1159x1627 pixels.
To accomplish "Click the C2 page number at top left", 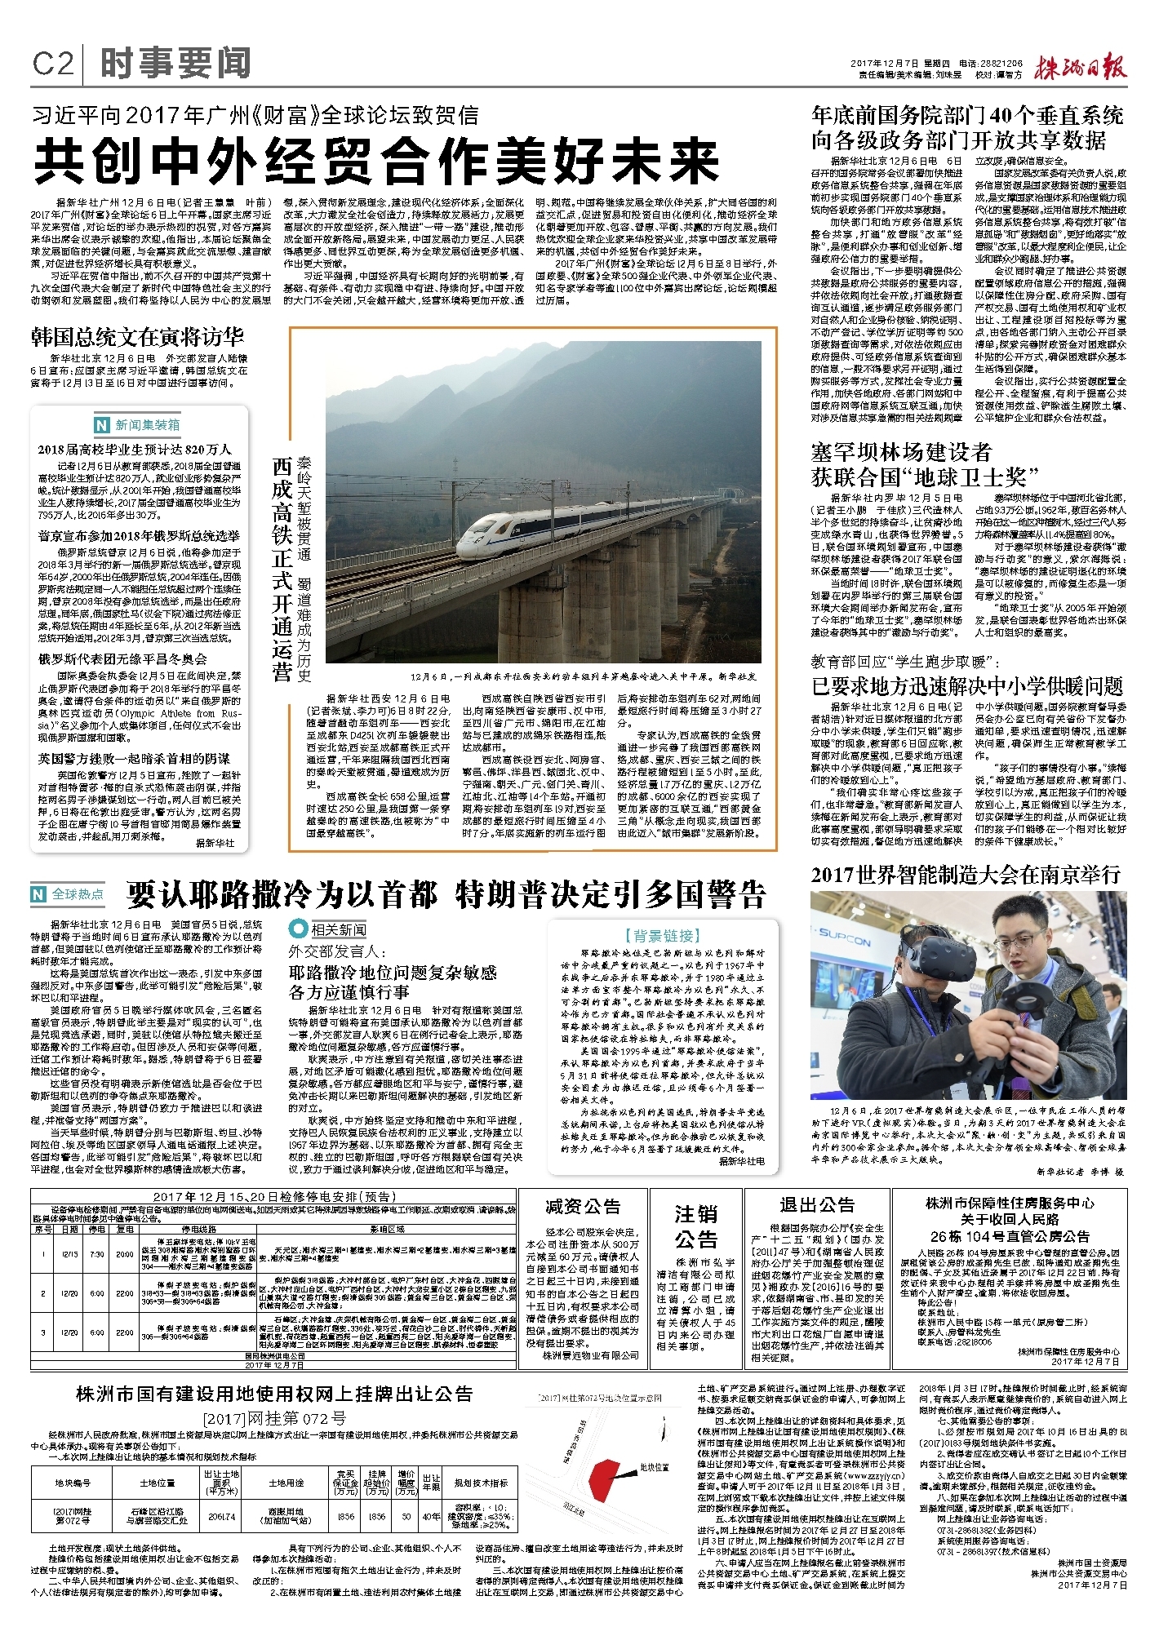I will (53, 64).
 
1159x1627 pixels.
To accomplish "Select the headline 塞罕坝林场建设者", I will (901, 452).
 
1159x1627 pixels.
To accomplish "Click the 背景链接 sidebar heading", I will (662, 935).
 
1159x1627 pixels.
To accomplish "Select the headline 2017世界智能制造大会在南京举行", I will (966, 875).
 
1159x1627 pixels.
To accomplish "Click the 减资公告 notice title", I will (583, 1206).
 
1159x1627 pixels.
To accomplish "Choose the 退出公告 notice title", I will (817, 1204).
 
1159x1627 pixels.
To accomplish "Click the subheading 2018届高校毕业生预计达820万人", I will (135, 450).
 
